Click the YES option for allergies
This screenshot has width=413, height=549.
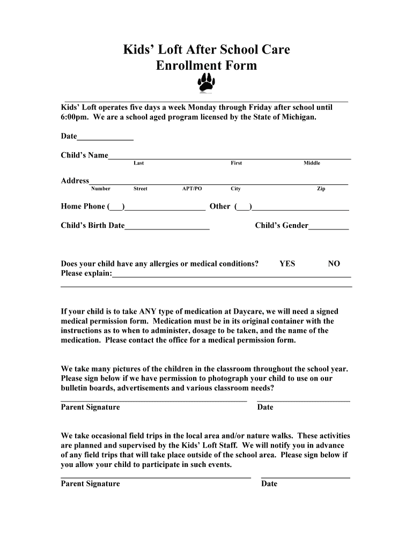click(287, 264)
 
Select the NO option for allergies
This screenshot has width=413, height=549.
click(334, 264)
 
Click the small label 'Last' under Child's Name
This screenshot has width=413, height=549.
click(138, 163)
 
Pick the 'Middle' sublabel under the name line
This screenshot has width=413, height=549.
click(312, 163)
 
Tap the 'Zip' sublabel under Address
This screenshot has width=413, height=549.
click(321, 189)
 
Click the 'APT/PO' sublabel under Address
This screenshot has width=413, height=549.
click(192, 189)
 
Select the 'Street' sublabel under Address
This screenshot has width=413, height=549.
click(140, 189)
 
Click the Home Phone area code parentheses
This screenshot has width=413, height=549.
click(116, 207)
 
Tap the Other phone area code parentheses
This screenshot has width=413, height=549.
click(242, 207)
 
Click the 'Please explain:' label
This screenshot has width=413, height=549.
click(86, 273)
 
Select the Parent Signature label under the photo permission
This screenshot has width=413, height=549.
click(90, 407)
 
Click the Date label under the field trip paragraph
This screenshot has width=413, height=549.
click(269, 484)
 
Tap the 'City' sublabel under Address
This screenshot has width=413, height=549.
click(235, 189)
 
